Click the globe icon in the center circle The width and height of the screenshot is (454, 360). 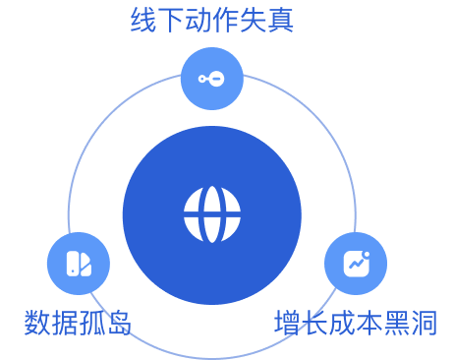tap(211, 214)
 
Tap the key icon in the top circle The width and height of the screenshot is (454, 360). tap(211, 79)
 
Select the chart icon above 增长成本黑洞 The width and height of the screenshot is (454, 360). tap(355, 264)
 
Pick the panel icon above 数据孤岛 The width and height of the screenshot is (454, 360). tap(78, 264)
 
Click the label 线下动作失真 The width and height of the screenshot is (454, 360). tap(212, 20)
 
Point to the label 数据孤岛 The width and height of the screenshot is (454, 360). tap(78, 322)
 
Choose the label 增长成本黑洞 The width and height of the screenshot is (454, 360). tap(355, 322)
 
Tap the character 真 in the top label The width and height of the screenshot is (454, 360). tap(281, 20)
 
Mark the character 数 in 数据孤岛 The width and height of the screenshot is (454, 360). tap(37, 322)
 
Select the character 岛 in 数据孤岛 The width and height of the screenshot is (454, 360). tap(119, 322)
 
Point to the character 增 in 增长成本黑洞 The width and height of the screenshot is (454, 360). tap(287, 322)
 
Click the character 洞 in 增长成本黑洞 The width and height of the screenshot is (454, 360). tap(424, 322)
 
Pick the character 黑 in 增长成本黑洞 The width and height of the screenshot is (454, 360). tap(396, 322)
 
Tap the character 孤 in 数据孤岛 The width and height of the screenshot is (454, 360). tap(91, 322)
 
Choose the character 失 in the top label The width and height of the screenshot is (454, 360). tap(254, 20)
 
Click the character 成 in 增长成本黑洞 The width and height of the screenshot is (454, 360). tap(341, 322)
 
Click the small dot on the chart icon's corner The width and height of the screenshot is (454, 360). tap(366, 254)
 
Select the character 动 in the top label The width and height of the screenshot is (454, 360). tap(199, 20)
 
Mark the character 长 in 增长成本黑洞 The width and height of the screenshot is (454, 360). tap(314, 322)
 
